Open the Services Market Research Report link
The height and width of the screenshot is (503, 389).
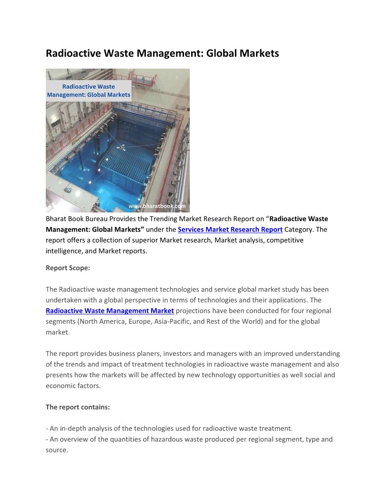click(x=230, y=230)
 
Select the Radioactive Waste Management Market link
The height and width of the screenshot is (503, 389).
click(x=110, y=311)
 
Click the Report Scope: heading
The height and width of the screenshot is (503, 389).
click(x=68, y=268)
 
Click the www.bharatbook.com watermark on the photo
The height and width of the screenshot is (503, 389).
click(x=157, y=206)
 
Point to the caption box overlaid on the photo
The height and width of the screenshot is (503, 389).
click(x=89, y=91)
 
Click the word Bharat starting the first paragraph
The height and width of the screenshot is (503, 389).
click(x=56, y=219)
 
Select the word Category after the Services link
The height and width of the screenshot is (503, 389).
click(x=299, y=230)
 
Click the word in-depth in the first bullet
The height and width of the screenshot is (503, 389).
click(x=72, y=429)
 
